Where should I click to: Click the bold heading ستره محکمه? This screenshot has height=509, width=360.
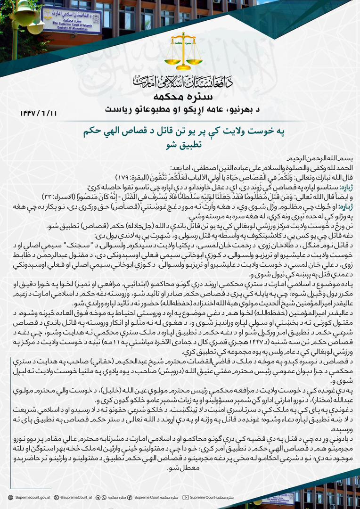(x=180, y=97)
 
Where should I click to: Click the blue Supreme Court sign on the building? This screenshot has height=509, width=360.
(x=72, y=20)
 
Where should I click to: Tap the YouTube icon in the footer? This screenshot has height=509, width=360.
(x=186, y=497)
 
